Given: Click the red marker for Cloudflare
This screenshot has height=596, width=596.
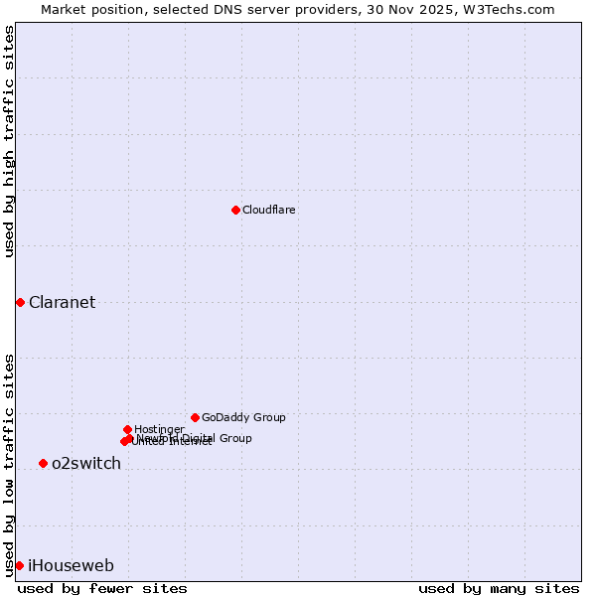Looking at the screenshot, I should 235,210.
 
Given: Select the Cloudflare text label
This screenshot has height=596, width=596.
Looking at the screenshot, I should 269,210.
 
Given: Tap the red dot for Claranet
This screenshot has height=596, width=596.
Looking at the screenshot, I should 20,302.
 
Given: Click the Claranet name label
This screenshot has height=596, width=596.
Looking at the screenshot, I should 62,303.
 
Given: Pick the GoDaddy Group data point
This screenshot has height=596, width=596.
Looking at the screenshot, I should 195,417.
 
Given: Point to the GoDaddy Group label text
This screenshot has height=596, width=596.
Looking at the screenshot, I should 243,417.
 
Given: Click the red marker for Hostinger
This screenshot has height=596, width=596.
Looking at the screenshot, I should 127,429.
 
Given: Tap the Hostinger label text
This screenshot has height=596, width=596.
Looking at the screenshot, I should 159,429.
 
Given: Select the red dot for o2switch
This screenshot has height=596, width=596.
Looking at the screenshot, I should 43,463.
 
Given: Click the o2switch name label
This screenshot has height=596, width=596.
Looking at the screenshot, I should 86,464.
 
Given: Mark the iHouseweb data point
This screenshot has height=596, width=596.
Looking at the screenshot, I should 19,565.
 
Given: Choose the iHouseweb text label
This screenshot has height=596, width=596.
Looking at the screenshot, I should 71,566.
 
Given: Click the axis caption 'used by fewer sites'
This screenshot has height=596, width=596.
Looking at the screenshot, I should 102,588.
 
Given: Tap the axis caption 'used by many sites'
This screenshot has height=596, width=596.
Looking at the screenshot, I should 499,588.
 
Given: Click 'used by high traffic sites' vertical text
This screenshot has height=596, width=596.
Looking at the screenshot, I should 9,141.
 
